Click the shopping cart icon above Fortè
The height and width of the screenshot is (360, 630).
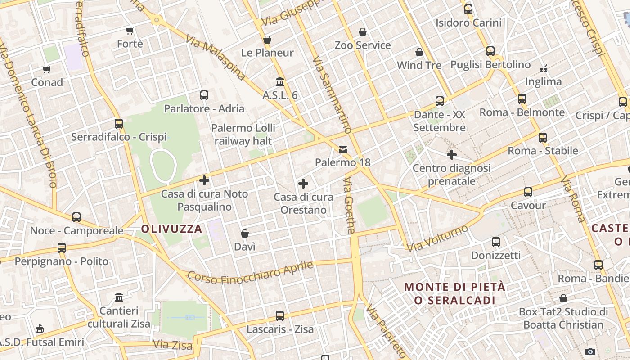tap(130, 31)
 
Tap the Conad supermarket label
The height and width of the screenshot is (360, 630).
tap(47, 82)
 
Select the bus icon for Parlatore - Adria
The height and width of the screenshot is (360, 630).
tap(204, 95)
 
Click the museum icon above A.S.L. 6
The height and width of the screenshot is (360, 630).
tap(280, 82)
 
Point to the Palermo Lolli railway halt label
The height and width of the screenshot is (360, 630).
tap(243, 135)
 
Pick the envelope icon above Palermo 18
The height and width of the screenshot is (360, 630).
tap(343, 149)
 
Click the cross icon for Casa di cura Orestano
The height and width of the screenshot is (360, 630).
tap(303, 184)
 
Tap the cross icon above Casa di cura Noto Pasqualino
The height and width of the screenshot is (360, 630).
tap(204, 181)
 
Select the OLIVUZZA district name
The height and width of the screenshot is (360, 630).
tap(171, 229)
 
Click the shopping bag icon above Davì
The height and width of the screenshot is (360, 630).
tap(245, 234)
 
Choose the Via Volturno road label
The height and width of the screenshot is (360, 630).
tap(437, 238)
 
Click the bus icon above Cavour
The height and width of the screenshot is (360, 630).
tap(528, 192)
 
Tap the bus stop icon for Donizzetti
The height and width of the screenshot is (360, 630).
tap(496, 242)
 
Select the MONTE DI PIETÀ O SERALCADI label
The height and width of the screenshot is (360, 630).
tap(455, 293)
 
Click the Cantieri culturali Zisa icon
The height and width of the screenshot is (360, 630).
tap(119, 297)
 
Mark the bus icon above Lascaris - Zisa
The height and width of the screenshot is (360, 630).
tap(280, 316)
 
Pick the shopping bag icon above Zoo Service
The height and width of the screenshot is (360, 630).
tap(363, 32)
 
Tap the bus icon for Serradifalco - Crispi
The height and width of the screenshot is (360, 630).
tap(119, 123)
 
